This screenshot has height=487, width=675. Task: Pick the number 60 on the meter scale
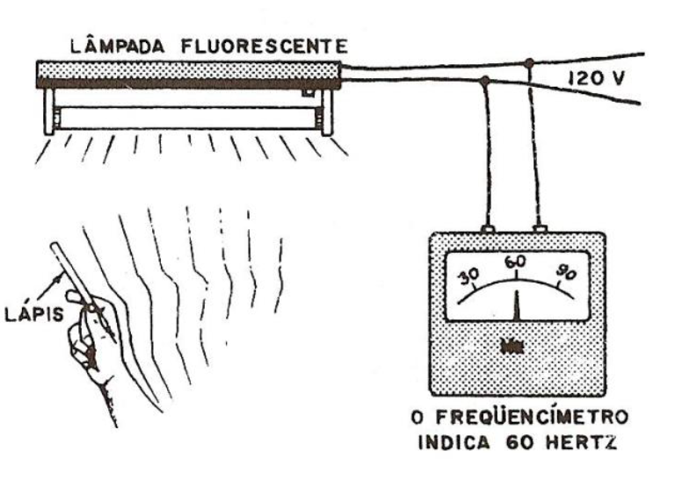click(515, 261)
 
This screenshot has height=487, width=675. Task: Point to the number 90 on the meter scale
click(565, 274)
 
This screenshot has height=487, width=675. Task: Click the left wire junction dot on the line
click(484, 82)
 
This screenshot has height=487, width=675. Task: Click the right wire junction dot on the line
click(529, 62)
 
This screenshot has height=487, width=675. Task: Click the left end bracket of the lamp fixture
click(48, 112)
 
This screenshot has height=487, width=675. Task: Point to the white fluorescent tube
click(188, 118)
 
